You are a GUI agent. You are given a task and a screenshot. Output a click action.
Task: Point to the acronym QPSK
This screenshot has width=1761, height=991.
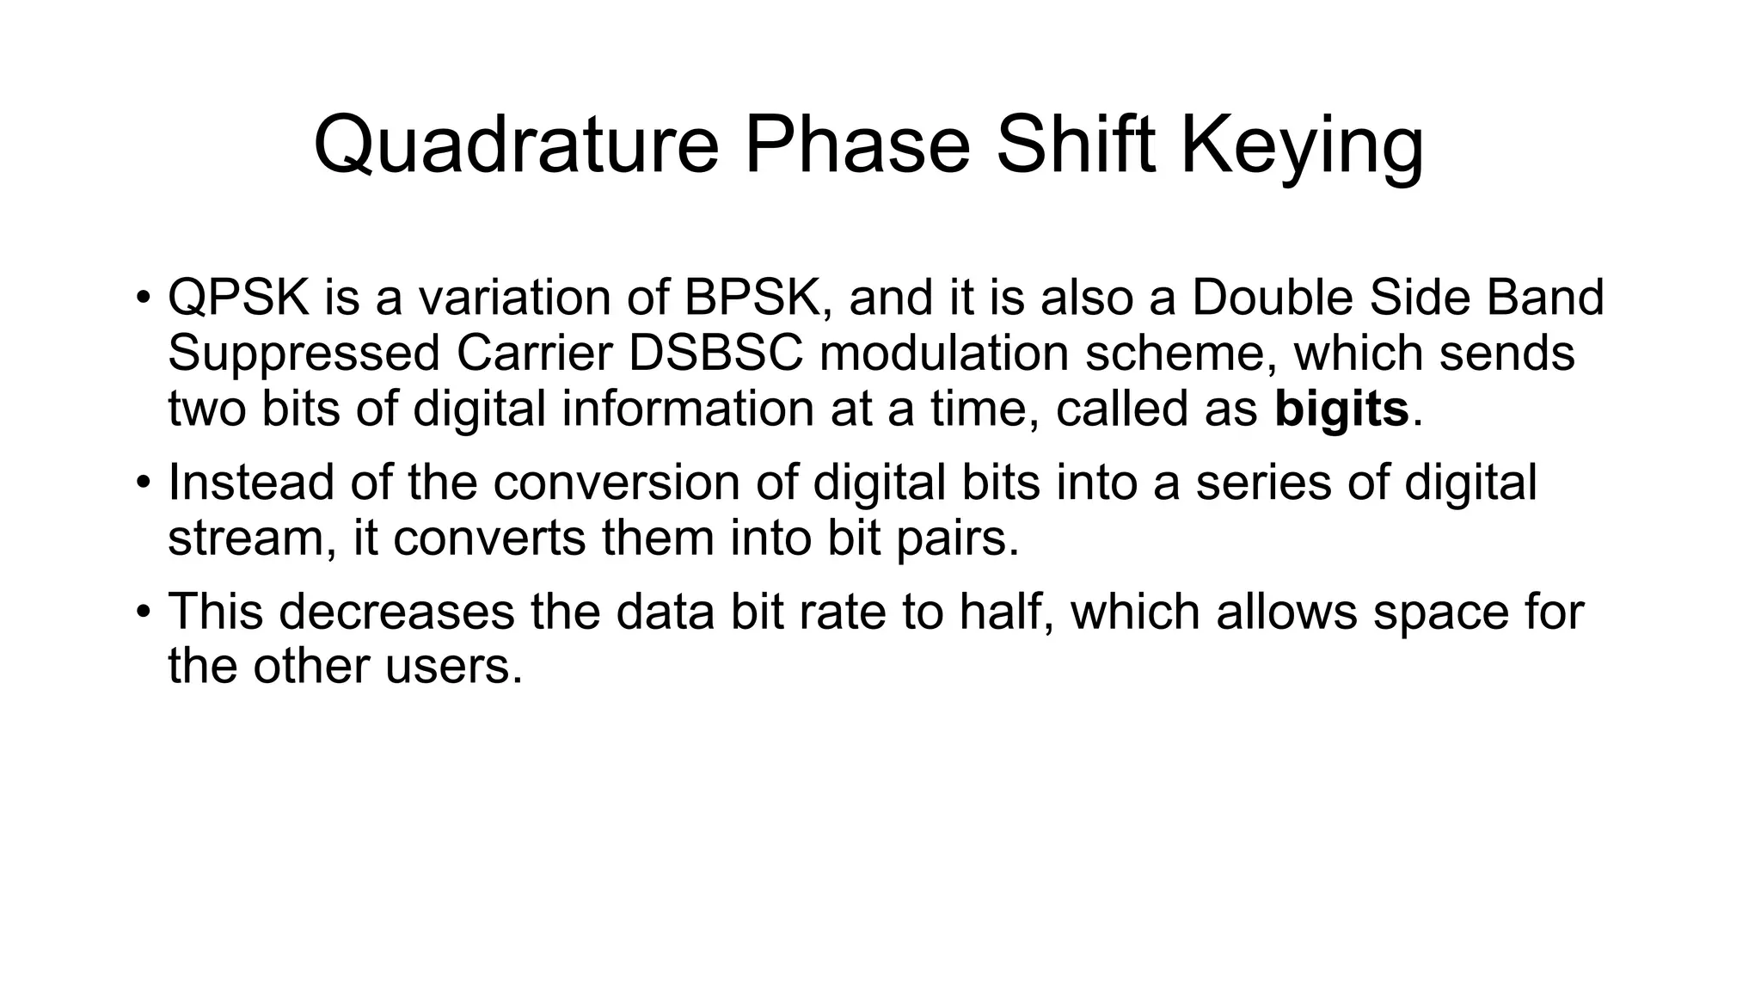point(238,297)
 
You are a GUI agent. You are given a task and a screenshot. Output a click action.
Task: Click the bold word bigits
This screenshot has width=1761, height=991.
point(1341,409)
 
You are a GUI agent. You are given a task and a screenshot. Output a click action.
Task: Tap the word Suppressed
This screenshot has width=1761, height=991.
point(304,353)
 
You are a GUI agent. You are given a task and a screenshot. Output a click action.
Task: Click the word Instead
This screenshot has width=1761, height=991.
point(250,482)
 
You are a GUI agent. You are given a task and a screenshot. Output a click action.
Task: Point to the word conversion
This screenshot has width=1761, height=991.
point(617,482)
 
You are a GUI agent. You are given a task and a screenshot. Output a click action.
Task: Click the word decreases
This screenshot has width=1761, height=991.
point(396,611)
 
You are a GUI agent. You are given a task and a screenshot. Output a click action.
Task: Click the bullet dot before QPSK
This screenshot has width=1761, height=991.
point(143,299)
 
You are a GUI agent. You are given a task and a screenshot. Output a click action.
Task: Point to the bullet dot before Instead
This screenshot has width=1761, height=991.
point(143,483)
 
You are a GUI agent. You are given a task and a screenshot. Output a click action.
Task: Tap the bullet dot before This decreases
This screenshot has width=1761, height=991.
point(143,612)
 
